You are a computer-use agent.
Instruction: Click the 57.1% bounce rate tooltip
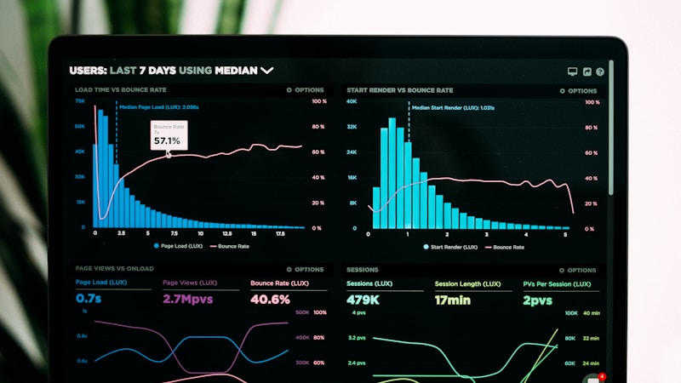pyautogui.click(x=167, y=135)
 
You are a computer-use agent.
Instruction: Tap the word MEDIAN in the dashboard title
pyautogui.click(x=236, y=71)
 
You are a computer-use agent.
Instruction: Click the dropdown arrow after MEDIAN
pyautogui.click(x=267, y=70)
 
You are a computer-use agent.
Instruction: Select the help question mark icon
pyautogui.click(x=600, y=72)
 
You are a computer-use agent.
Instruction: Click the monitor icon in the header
pyautogui.click(x=573, y=72)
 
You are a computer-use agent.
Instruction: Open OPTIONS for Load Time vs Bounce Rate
pyautogui.click(x=306, y=89)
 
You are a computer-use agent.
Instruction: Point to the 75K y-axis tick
pyautogui.click(x=80, y=101)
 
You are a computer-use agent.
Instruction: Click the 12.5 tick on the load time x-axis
pyautogui.click(x=226, y=233)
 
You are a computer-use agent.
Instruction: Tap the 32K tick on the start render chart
pyautogui.click(x=352, y=127)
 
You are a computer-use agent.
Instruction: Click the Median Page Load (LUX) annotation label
pyautogui.click(x=159, y=108)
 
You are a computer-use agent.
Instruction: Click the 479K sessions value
pyautogui.click(x=363, y=300)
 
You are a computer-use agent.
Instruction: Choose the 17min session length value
pyautogui.click(x=454, y=300)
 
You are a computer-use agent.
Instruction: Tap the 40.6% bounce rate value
pyautogui.click(x=270, y=300)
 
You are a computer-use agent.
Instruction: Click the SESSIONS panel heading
pyautogui.click(x=363, y=269)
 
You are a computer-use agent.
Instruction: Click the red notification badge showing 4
pyautogui.click(x=602, y=375)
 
